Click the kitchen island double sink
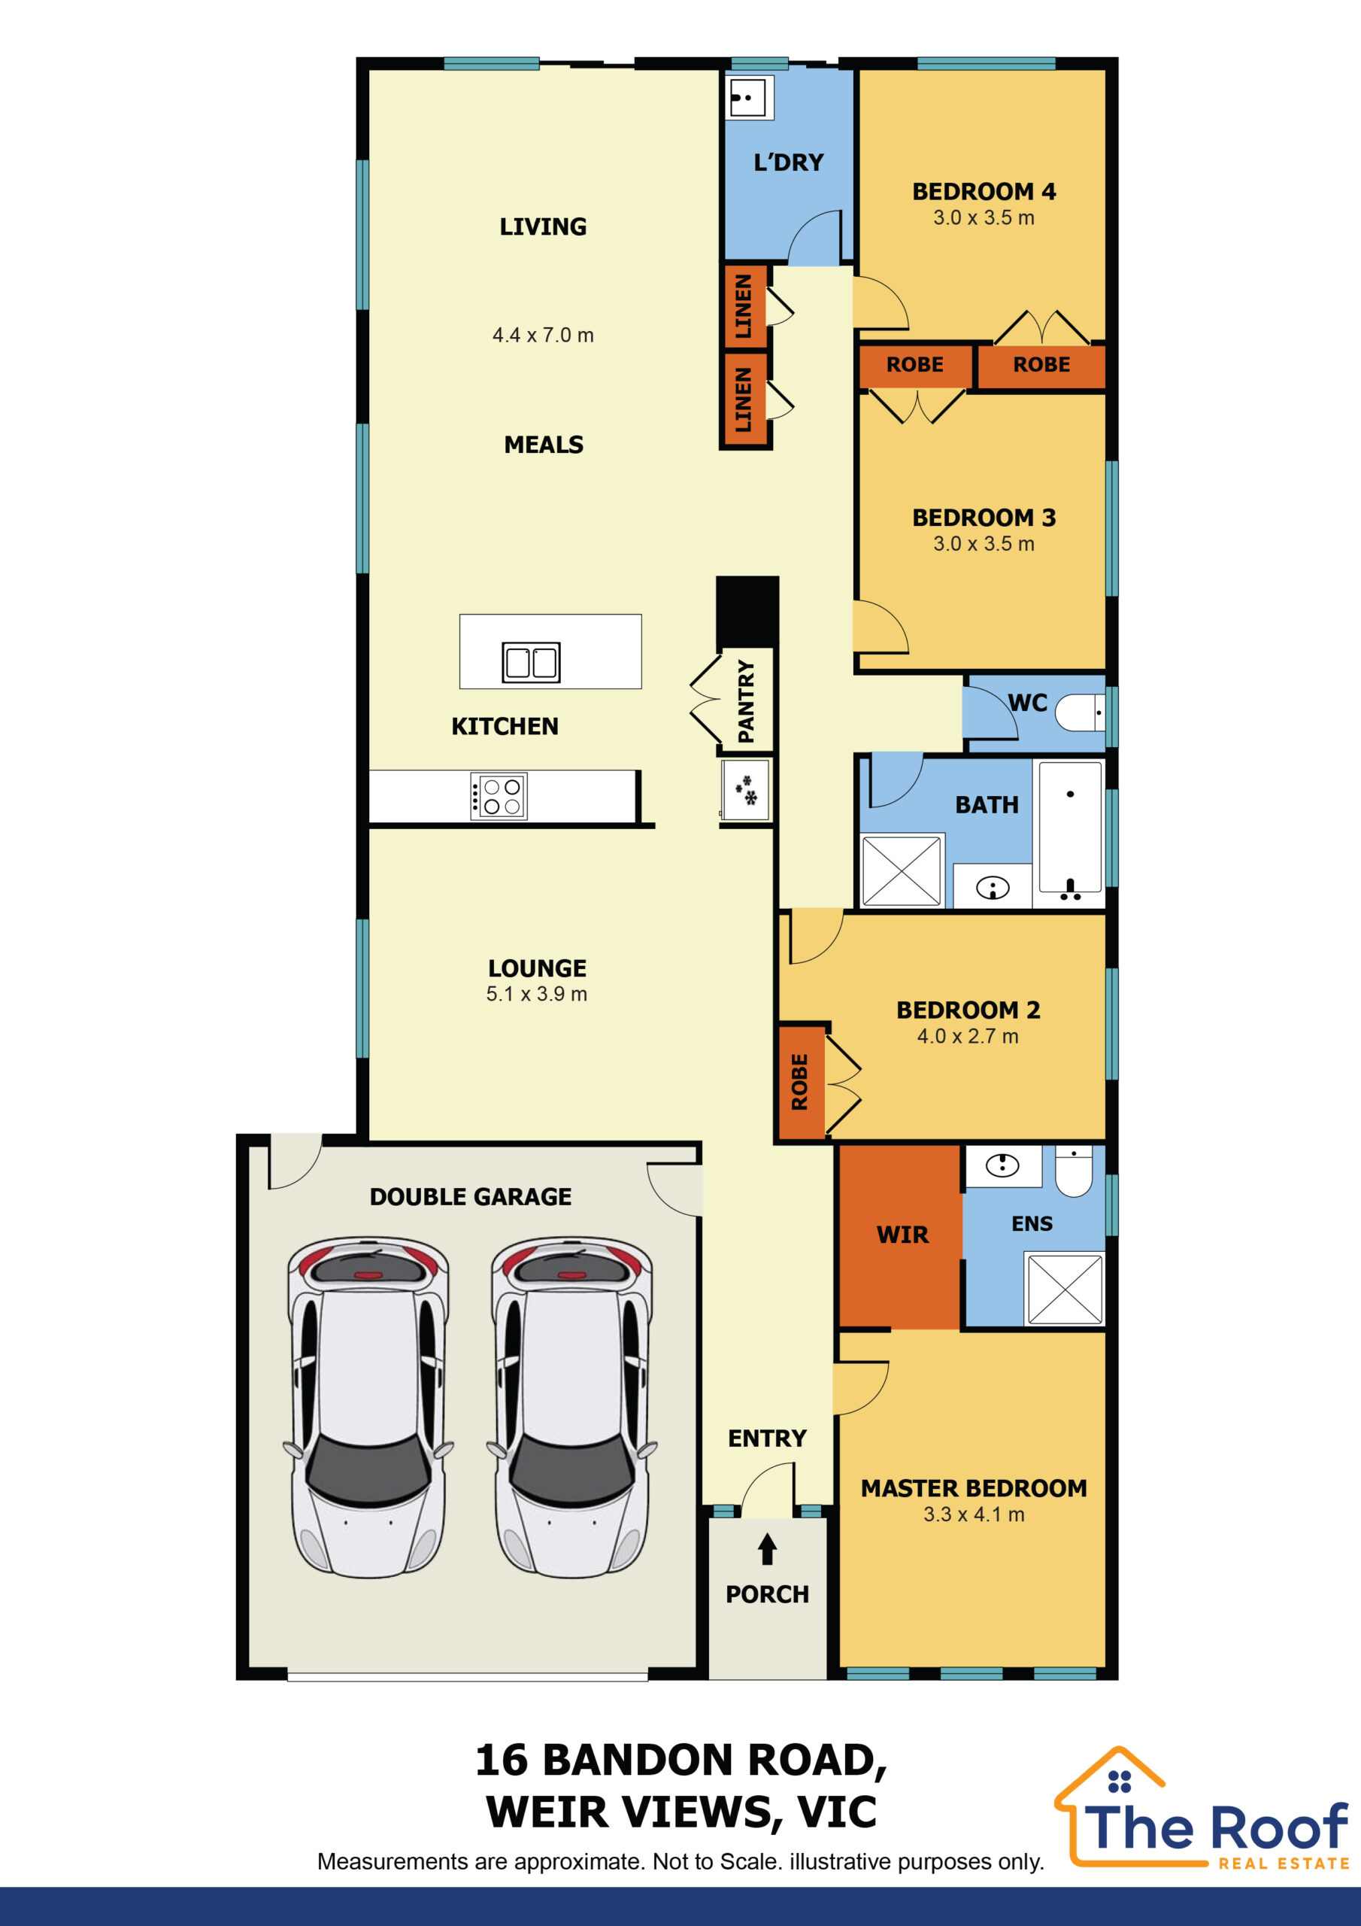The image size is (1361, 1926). (531, 662)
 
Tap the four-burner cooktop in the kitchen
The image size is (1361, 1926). (499, 795)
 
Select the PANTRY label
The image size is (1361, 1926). (745, 700)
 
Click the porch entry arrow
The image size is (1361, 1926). (767, 1549)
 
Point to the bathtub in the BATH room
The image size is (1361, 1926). (1070, 829)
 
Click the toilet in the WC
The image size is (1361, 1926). (1080, 713)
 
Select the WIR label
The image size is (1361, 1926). (902, 1235)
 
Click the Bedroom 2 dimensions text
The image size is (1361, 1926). (968, 1036)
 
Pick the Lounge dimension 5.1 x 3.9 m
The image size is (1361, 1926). (537, 994)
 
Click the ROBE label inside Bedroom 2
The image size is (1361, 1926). (800, 1082)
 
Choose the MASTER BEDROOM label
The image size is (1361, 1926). (974, 1488)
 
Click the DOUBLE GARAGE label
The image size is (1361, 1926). (471, 1196)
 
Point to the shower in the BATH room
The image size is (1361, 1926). (902, 870)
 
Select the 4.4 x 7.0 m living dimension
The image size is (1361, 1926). (543, 336)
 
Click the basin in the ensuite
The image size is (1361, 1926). (1002, 1165)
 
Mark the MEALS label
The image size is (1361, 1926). (544, 445)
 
